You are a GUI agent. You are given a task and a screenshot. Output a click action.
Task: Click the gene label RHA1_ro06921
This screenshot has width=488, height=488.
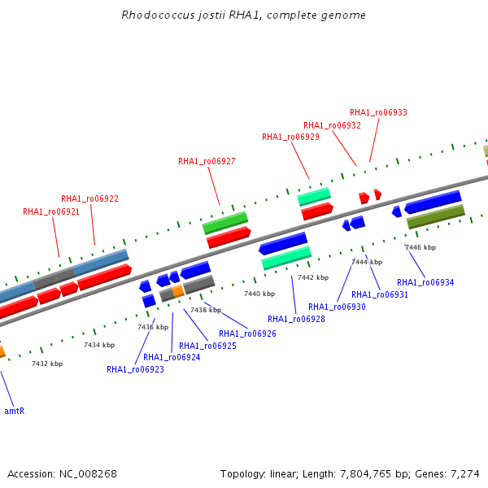coord(51,212)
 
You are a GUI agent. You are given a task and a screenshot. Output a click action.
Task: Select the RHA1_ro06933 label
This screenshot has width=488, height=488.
coord(378,113)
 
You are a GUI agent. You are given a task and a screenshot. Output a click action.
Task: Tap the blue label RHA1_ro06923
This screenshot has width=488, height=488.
coord(135,369)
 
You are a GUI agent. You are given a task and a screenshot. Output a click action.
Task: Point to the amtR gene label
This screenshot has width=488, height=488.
coord(15,411)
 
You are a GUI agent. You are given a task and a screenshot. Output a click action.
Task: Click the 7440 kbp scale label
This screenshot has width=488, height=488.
coord(259,294)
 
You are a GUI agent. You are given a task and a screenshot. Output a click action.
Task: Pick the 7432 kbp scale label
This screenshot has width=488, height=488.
coord(47,364)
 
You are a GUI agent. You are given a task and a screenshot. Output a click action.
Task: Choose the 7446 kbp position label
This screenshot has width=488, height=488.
coord(420,247)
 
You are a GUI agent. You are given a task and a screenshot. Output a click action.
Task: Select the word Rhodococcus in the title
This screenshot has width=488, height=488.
coord(158,15)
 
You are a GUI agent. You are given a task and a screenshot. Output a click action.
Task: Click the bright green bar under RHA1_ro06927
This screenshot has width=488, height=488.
coord(225,223)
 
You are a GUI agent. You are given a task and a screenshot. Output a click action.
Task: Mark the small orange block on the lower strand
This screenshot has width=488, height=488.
coord(178,291)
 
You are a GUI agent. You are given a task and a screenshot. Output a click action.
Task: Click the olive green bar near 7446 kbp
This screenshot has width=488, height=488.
coord(436,216)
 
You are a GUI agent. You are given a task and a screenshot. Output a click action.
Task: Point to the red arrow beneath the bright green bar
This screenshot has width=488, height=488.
coord(229,237)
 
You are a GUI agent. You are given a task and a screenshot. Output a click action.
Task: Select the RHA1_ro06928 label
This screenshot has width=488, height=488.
coord(296,319)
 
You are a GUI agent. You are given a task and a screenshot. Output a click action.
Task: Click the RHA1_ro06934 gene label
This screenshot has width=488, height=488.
coord(425,282)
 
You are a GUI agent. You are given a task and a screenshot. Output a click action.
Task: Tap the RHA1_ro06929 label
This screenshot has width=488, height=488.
coord(290,137)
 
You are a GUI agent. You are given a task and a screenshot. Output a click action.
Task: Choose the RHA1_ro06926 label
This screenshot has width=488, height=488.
coord(247,333)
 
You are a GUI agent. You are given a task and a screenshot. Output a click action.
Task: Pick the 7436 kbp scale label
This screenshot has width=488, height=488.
coord(153,327)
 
